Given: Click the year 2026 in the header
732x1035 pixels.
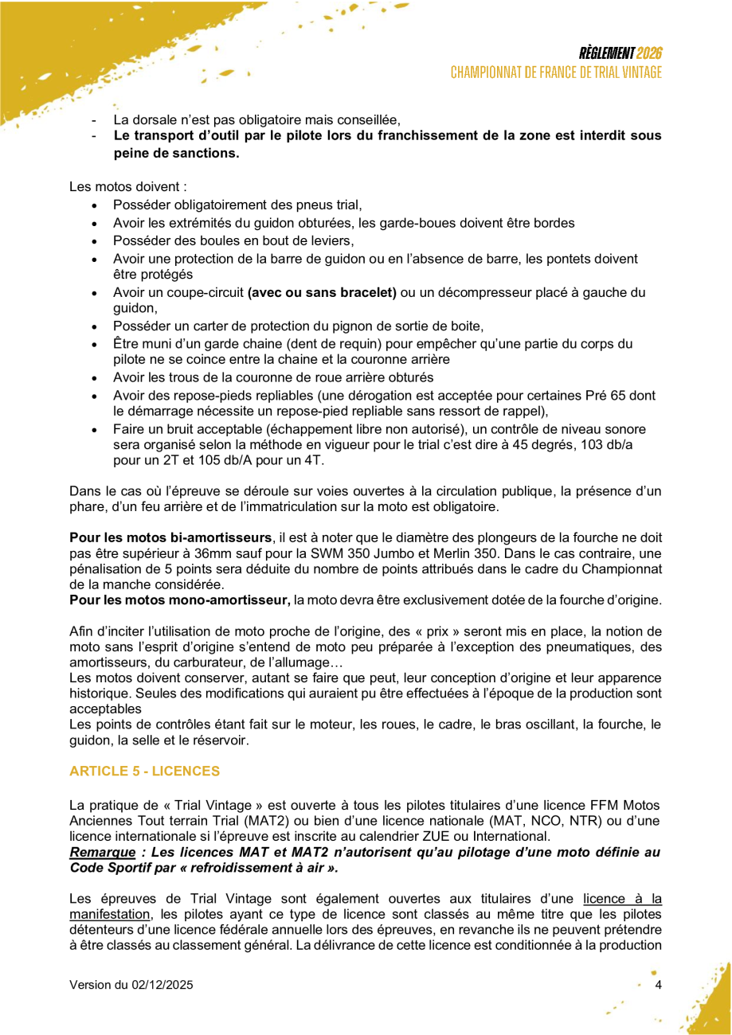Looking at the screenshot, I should pos(649,53).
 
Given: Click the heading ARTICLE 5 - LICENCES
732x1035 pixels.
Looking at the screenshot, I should pos(144,771).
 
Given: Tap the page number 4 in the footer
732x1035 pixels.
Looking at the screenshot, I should pos(658,985).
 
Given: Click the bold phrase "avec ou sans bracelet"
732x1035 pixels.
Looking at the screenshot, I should pos(322,292).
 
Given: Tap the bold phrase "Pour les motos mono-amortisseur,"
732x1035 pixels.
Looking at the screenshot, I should pos(180,599).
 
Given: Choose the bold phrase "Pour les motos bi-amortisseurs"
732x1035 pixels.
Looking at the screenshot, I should pos(171,537).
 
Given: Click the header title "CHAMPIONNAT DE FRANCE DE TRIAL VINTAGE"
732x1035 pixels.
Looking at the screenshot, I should pos(556,72).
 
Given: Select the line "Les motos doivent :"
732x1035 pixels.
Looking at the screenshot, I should pos(128,187).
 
